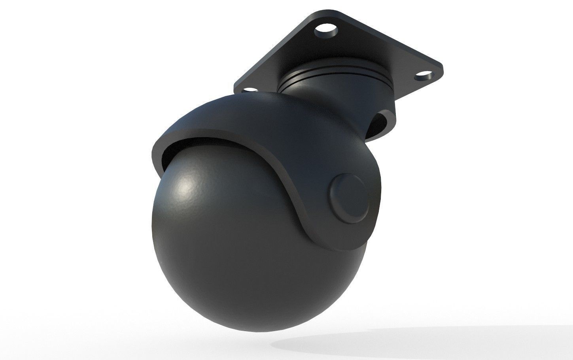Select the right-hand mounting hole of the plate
coord(424,74)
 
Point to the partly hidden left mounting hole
coord(248,90)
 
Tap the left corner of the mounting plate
coord(237,85)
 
